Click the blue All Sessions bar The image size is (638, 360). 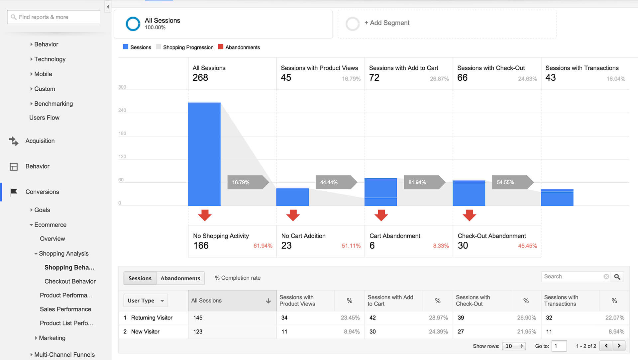[x=204, y=154]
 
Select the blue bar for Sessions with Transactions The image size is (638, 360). [x=557, y=198]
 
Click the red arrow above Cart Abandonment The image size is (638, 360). [x=381, y=215]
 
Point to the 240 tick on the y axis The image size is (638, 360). [x=122, y=110]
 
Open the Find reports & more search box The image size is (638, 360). [x=53, y=17]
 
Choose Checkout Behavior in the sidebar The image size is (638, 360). [x=70, y=281]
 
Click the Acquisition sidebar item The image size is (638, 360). [x=40, y=141]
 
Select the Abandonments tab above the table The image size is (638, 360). [x=180, y=278]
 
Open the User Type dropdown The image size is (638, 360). [x=146, y=301]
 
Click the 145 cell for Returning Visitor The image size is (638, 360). [x=198, y=318]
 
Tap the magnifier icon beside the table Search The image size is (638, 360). [x=617, y=277]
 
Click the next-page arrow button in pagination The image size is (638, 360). [x=619, y=346]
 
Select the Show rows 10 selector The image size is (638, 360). [x=514, y=346]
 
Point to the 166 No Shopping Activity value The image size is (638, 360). [x=201, y=246]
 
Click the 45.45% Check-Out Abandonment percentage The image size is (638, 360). [x=527, y=246]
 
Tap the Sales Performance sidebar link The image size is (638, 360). [x=65, y=309]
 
